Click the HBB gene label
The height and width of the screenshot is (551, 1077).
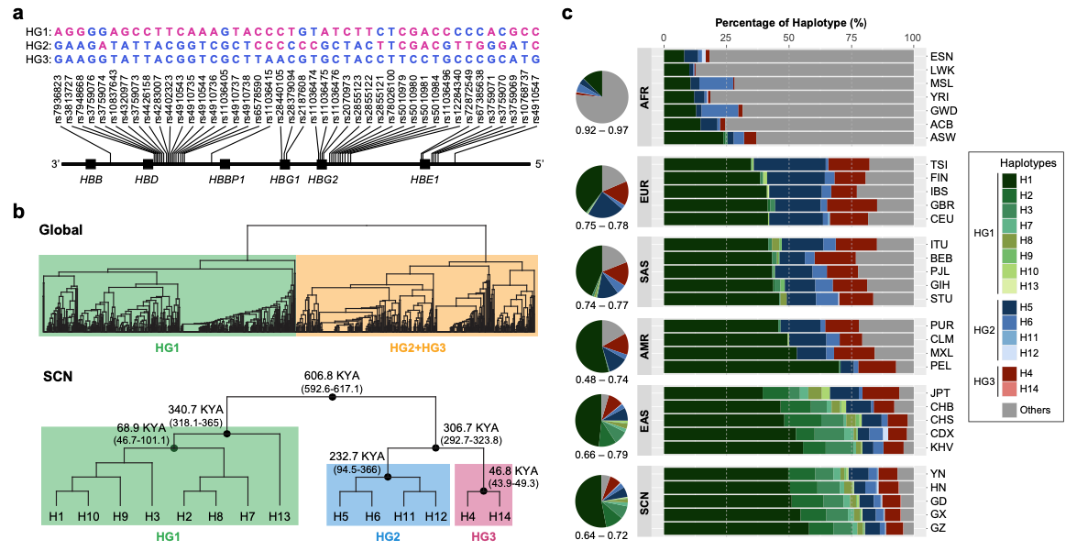pyautogui.click(x=92, y=180)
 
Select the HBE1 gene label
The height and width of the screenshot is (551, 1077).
pyautogui.click(x=425, y=180)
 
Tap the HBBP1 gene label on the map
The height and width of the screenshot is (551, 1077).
pyautogui.click(x=225, y=180)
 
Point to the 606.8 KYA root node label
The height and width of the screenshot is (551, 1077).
pyautogui.click(x=332, y=375)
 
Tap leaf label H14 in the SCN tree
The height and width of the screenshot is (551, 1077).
pyautogui.click(x=500, y=518)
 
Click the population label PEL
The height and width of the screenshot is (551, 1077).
pyautogui.click(x=941, y=367)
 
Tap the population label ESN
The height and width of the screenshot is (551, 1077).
pyautogui.click(x=941, y=55)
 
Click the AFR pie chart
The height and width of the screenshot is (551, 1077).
pyautogui.click(x=602, y=96)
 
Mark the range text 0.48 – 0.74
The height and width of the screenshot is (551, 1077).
pyautogui.click(x=602, y=379)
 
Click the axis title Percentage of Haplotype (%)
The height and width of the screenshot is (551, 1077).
pyautogui.click(x=787, y=18)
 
